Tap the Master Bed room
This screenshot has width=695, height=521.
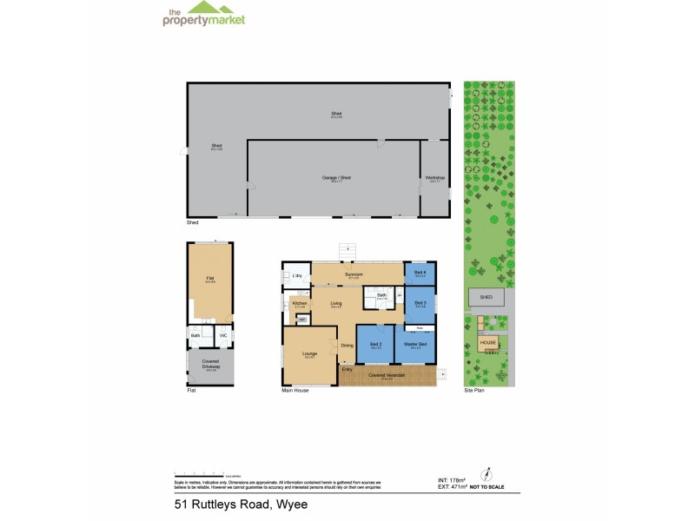[416, 346]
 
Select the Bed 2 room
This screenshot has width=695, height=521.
[375, 346]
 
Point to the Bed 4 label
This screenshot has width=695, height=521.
[420, 274]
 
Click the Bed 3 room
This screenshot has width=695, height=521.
[420, 303]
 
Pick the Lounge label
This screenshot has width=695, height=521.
[308, 354]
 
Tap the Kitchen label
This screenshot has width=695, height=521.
[300, 304]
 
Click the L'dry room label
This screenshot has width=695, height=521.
[297, 275]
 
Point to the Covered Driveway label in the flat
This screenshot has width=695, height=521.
[210, 365]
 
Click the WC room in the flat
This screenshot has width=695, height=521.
[223, 335]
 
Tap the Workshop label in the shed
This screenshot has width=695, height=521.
[434, 179]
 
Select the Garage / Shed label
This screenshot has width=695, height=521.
[334, 178]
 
